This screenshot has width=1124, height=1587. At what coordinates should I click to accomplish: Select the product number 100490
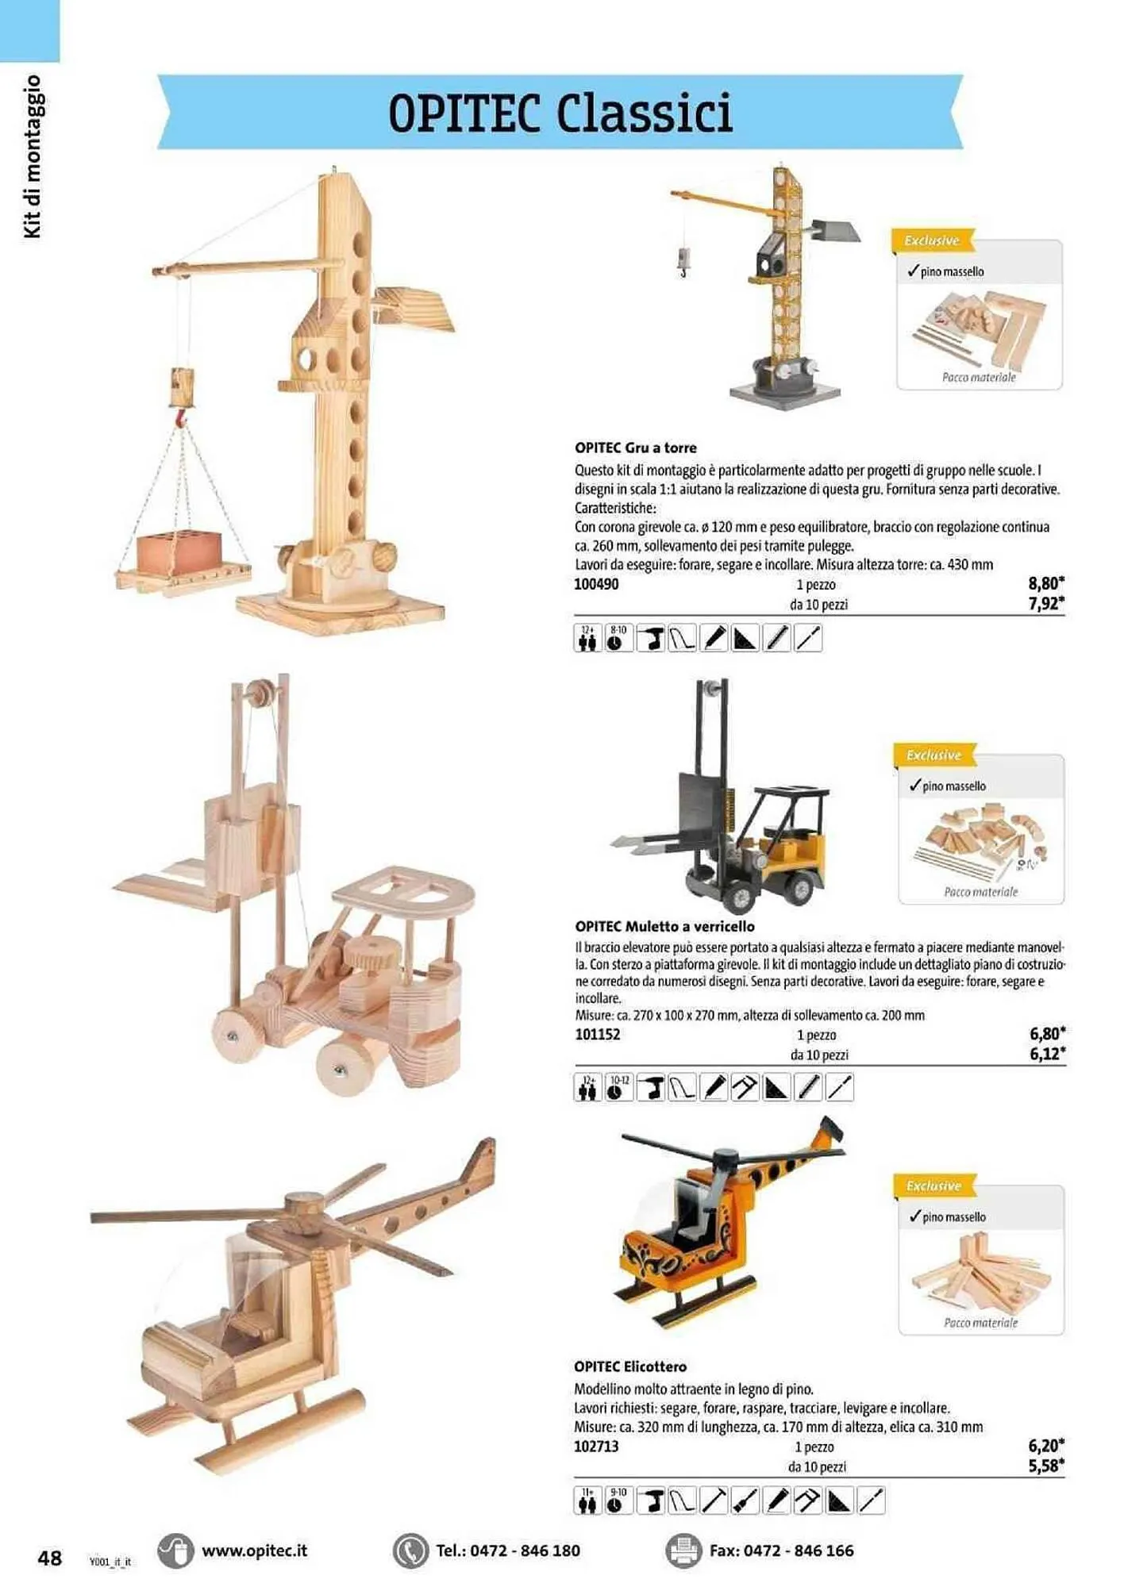point(596,585)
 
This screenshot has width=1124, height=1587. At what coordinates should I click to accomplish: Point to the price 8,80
point(1045,583)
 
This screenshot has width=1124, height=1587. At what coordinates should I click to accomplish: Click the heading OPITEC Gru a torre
point(636,448)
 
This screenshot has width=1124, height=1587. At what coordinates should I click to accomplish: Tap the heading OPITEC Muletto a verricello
point(665,926)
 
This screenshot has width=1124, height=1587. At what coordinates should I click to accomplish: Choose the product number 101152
point(597,1035)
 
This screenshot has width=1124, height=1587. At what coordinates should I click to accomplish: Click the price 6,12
point(1046,1054)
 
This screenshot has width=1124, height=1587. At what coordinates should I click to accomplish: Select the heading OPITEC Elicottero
point(630,1366)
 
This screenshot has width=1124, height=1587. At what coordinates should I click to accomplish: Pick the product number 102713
point(596,1447)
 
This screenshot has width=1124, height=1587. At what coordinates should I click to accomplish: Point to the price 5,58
point(1045,1466)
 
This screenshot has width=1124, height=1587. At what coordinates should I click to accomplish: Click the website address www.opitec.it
point(254,1550)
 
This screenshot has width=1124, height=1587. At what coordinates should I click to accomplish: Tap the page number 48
point(49,1558)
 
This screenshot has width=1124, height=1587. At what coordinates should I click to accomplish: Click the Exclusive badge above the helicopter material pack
point(933,1185)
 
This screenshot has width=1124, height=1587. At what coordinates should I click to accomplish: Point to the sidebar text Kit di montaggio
point(32,156)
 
